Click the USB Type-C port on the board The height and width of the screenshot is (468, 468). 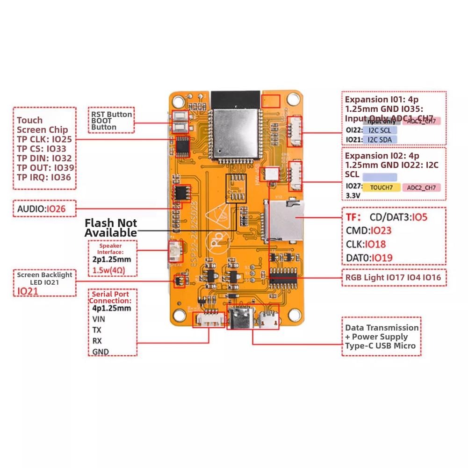click(242, 320)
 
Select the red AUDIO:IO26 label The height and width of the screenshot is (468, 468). click(42, 209)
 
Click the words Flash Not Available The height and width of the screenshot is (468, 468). click(111, 228)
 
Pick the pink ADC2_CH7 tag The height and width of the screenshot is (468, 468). click(421, 188)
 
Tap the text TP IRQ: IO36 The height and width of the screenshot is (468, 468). click(44, 177)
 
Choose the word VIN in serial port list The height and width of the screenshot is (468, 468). click(99, 319)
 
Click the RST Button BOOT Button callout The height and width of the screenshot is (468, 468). click(111, 121)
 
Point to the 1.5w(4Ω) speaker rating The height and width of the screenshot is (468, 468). click(109, 271)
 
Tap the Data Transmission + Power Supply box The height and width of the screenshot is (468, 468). click(381, 337)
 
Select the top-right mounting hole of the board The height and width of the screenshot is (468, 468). click(294, 99)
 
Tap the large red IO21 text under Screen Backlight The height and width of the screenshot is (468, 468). click(28, 291)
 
